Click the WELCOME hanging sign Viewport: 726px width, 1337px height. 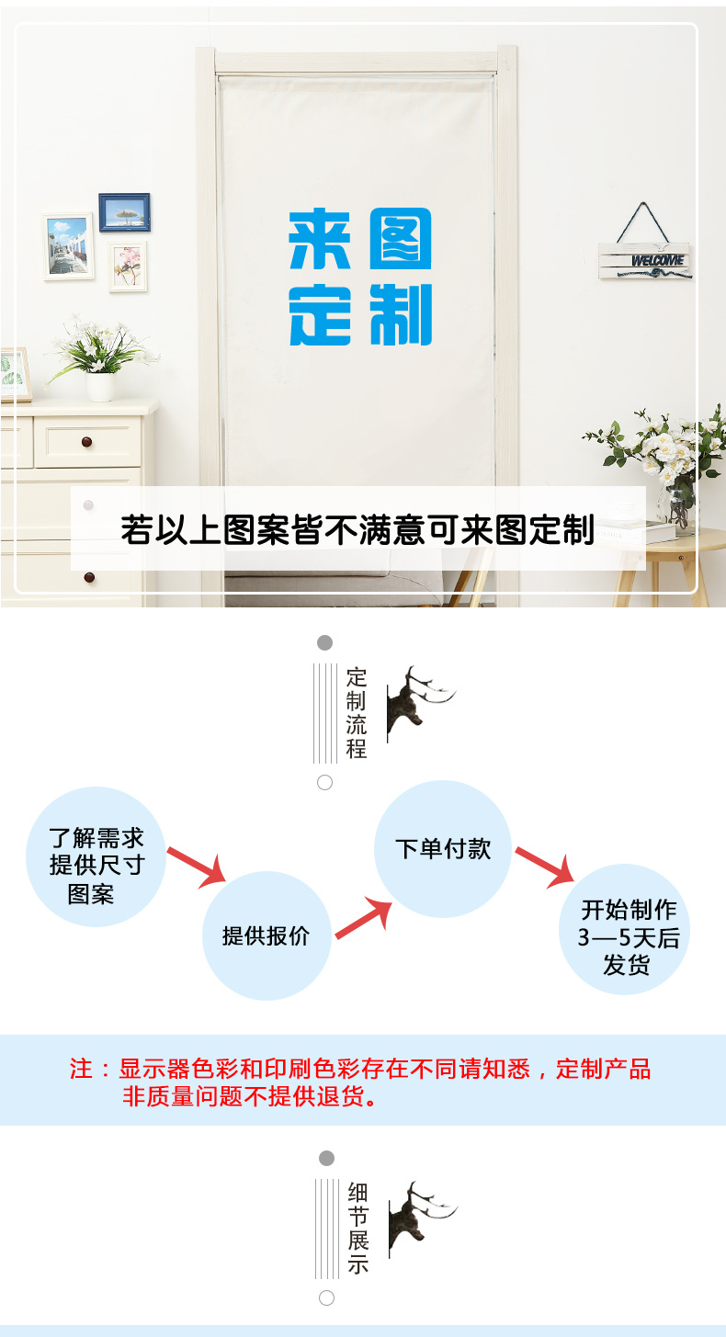[x=645, y=259]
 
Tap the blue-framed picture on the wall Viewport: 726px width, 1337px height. [x=124, y=212]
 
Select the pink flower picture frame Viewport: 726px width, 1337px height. [x=128, y=266]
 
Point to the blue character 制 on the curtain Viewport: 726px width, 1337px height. [x=400, y=315]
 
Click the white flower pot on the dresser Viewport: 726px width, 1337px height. [x=101, y=386]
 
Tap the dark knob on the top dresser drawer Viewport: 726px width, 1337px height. [x=87, y=442]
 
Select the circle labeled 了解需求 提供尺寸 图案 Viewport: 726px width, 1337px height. [x=96, y=856]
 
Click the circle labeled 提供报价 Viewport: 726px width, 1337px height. [x=267, y=935]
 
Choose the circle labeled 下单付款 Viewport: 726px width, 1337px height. [x=443, y=848]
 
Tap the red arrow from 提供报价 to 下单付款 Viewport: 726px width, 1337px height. [x=363, y=920]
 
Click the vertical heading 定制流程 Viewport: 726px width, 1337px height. [x=357, y=713]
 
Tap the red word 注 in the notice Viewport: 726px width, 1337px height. [x=82, y=1069]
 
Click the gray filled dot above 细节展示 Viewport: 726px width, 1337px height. [x=326, y=1158]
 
